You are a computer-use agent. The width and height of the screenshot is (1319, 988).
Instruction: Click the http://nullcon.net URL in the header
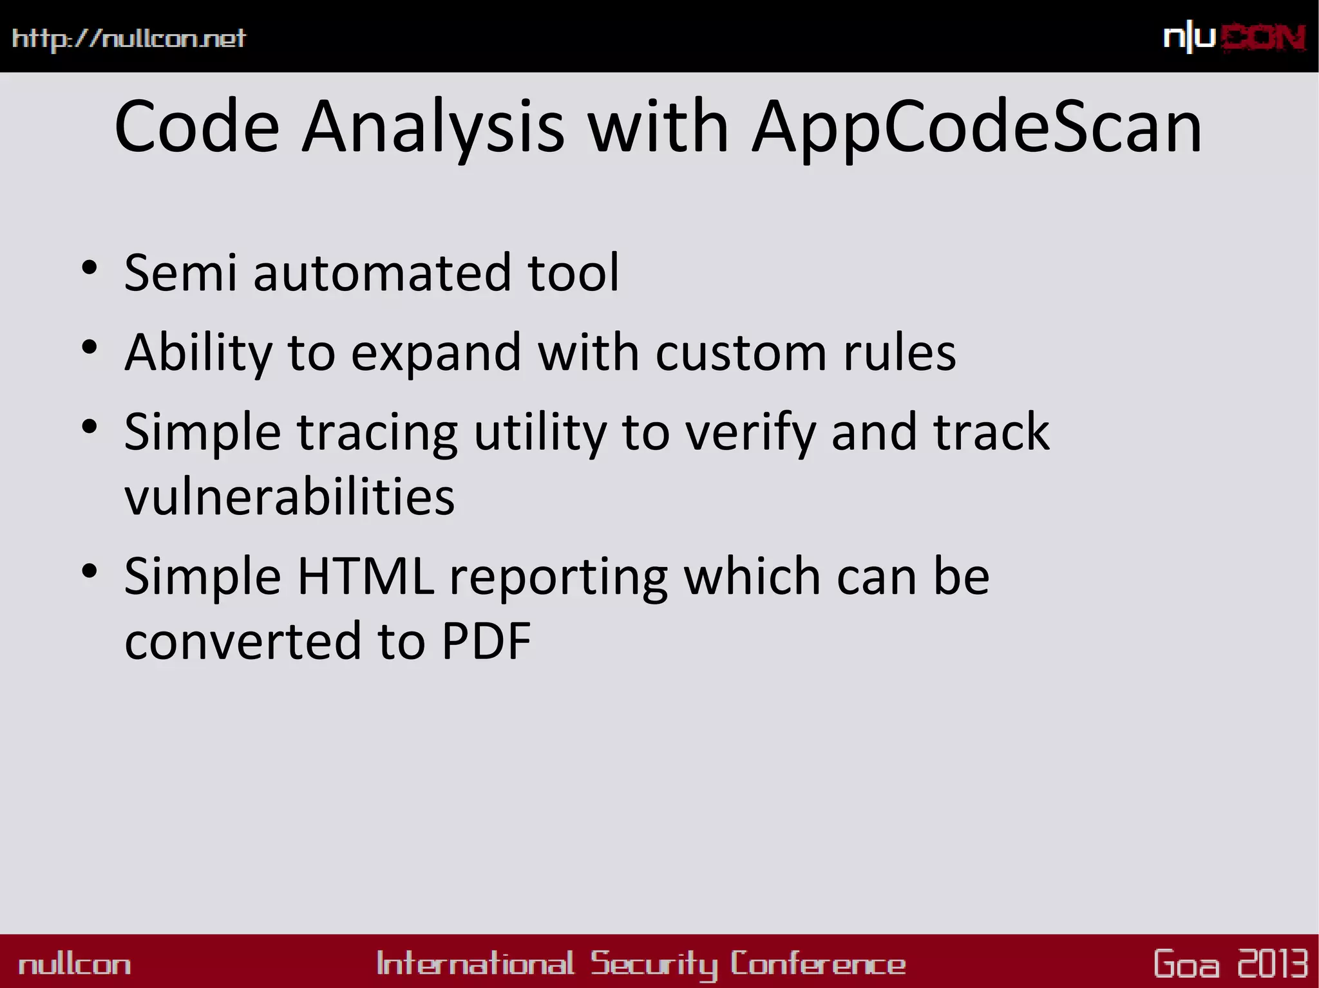(129, 39)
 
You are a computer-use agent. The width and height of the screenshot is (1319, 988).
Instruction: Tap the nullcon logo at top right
(1234, 38)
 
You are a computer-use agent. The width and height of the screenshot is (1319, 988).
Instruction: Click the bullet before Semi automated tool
(90, 267)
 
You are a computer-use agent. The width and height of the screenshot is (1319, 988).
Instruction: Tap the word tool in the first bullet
(573, 273)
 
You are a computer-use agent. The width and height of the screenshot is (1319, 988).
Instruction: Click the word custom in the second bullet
(741, 353)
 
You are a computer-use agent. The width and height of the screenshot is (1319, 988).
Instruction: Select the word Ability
(198, 353)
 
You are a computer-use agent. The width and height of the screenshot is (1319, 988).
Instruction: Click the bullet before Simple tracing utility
(90, 426)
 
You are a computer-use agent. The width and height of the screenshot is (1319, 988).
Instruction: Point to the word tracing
(377, 433)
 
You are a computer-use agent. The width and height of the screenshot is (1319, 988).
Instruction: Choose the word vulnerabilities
(289, 497)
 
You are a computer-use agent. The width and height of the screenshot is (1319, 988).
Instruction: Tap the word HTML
(365, 576)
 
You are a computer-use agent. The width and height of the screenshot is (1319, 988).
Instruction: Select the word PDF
(486, 641)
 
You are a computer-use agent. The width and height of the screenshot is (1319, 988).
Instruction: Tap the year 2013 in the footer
(1272, 964)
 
